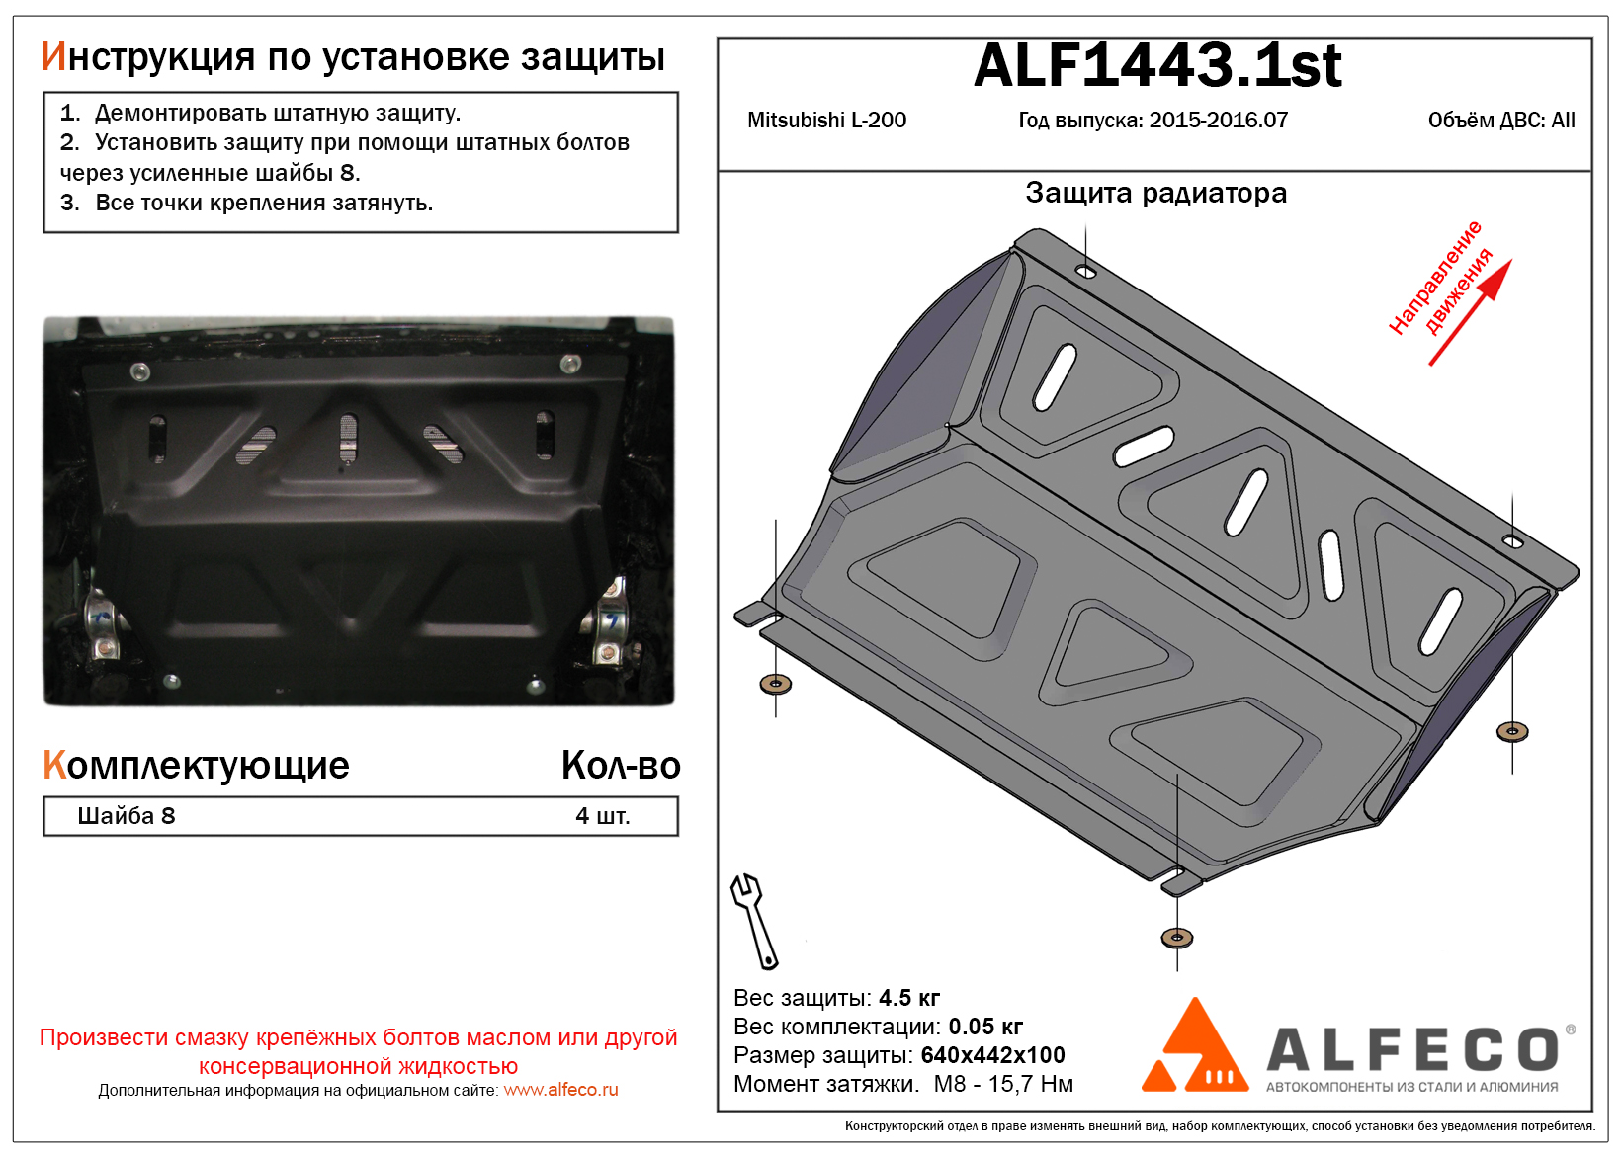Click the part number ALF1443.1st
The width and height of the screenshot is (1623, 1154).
pyautogui.click(x=1157, y=66)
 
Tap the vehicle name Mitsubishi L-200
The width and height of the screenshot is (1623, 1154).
pyautogui.click(x=826, y=121)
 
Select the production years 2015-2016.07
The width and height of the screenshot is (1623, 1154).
pyautogui.click(x=1219, y=121)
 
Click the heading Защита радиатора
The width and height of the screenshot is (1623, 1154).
pyautogui.click(x=1155, y=194)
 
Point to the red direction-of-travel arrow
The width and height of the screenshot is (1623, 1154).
pyautogui.click(x=1470, y=312)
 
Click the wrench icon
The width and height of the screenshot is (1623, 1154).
pyautogui.click(x=754, y=921)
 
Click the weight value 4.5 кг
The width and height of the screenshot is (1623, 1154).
pyautogui.click(x=909, y=998)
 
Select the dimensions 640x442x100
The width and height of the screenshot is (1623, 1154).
pyautogui.click(x=992, y=1055)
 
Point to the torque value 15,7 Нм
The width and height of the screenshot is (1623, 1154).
pyautogui.click(x=1031, y=1084)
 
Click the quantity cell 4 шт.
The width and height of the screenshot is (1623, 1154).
pyautogui.click(x=603, y=816)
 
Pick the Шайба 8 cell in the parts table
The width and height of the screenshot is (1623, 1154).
pyautogui.click(x=127, y=816)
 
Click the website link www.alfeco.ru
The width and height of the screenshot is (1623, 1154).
pyautogui.click(x=560, y=1090)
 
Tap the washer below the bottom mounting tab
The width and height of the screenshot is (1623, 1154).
pyautogui.click(x=1176, y=939)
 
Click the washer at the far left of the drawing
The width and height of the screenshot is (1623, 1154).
pyautogui.click(x=775, y=683)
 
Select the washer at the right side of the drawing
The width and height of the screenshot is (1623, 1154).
pyautogui.click(x=1512, y=732)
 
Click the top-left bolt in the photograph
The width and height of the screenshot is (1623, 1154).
pyautogui.click(x=139, y=372)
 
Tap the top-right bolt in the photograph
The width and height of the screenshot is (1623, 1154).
pyautogui.click(x=570, y=364)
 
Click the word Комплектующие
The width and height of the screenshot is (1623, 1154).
pyautogui.click(x=196, y=766)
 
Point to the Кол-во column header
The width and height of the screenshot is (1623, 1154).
pyautogui.click(x=621, y=765)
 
